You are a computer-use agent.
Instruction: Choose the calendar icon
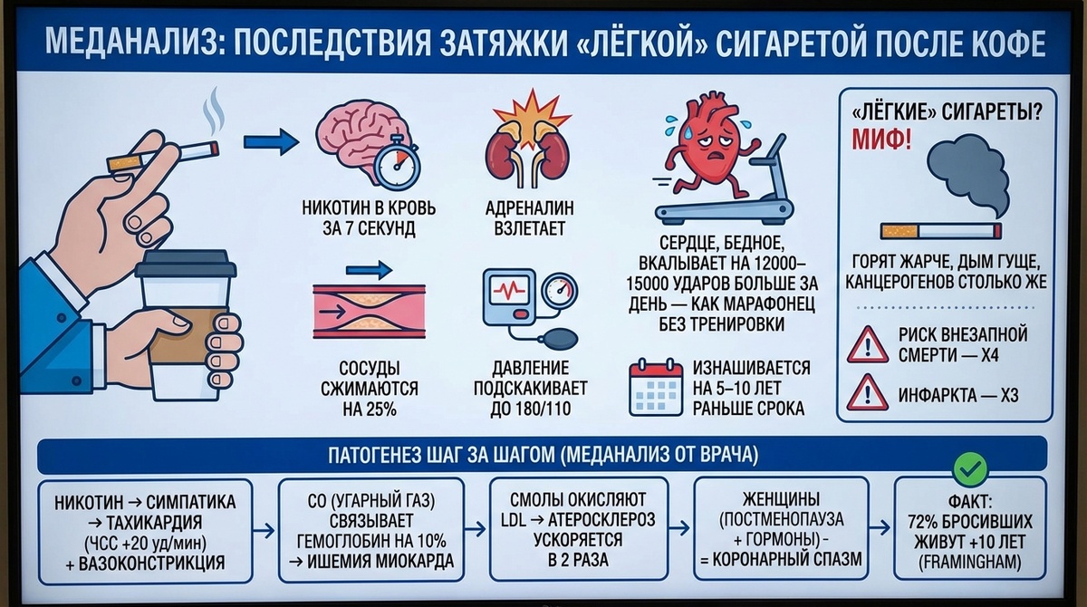(x=654, y=388)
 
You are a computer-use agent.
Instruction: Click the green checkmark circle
(x=970, y=467)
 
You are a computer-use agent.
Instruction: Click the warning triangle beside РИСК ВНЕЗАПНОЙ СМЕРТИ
(x=867, y=345)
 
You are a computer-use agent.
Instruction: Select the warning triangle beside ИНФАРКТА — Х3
(x=867, y=394)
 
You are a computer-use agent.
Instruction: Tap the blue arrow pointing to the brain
(x=271, y=140)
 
